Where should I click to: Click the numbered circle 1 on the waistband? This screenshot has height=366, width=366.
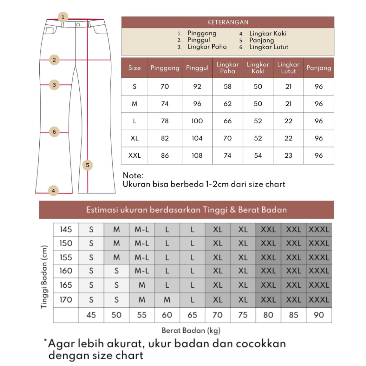click(x=63, y=17)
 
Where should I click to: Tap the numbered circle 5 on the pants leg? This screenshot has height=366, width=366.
click(x=87, y=165)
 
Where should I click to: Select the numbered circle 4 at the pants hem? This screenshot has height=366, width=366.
click(x=53, y=191)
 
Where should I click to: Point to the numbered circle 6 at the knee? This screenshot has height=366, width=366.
click(x=54, y=132)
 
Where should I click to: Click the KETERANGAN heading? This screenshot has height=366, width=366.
click(x=228, y=22)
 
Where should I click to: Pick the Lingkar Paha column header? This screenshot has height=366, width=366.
click(x=228, y=68)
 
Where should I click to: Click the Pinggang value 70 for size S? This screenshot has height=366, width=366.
click(x=165, y=86)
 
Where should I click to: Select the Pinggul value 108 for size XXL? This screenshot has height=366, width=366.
click(x=197, y=155)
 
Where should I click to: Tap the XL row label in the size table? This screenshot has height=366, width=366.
click(x=134, y=138)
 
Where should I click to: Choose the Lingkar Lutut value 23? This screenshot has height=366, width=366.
click(x=288, y=155)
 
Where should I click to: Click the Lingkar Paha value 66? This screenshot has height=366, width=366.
click(x=228, y=121)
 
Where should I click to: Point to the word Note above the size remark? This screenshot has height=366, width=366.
click(x=133, y=175)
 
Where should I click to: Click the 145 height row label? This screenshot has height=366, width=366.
click(x=66, y=229)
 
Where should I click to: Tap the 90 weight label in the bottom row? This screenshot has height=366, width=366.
click(x=319, y=315)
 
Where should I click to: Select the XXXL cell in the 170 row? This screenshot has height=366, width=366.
click(x=319, y=300)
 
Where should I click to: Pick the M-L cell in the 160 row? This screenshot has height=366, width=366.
click(x=142, y=271)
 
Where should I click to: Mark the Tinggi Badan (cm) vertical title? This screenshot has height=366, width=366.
click(x=44, y=277)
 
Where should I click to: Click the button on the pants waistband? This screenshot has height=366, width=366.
click(x=78, y=24)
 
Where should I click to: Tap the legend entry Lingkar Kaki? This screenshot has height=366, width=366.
click(x=268, y=34)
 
